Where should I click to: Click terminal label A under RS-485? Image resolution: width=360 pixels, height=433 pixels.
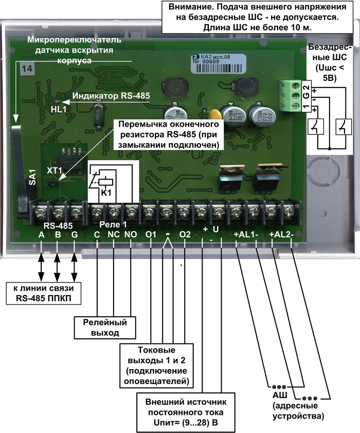(41, 234)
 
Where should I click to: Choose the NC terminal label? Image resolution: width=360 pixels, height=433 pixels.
(113, 234)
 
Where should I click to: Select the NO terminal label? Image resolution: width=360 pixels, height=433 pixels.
(131, 234)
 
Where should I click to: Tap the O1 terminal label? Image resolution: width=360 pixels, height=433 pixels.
(151, 234)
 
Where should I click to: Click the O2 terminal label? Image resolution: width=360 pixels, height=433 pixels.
(185, 234)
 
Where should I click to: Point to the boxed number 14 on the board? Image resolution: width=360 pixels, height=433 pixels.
(25, 67)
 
